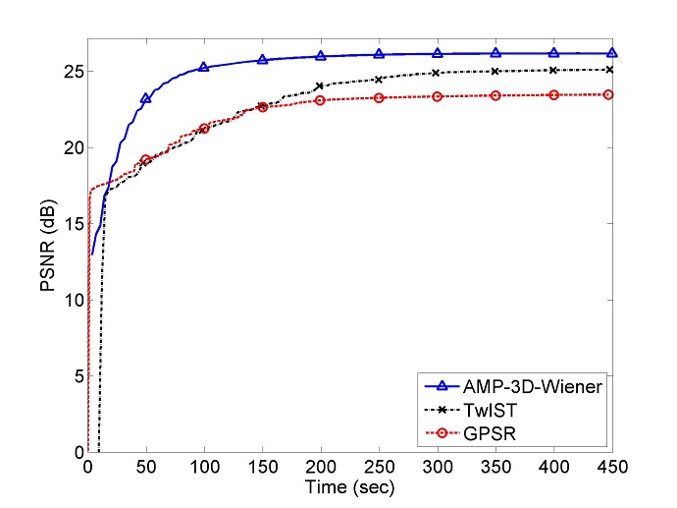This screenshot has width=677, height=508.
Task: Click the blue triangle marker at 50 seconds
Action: [x=146, y=98]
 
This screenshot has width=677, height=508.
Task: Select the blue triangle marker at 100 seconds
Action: [x=204, y=67]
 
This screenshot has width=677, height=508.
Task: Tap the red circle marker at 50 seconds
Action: [x=146, y=159]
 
